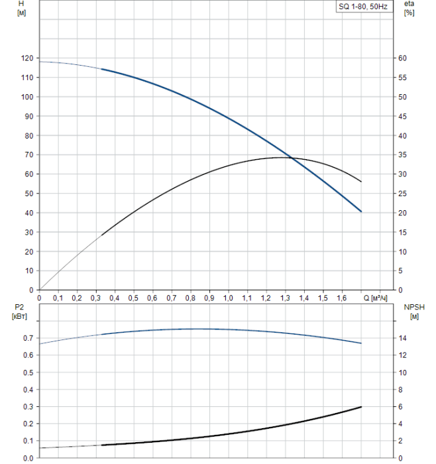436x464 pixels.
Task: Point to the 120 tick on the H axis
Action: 27,58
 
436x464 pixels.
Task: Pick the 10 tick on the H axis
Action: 28,271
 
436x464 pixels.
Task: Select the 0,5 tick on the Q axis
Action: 134,299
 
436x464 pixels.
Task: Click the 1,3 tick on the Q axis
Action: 285,299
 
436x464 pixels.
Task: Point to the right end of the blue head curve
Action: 361,211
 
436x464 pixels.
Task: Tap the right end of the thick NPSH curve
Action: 361,406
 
